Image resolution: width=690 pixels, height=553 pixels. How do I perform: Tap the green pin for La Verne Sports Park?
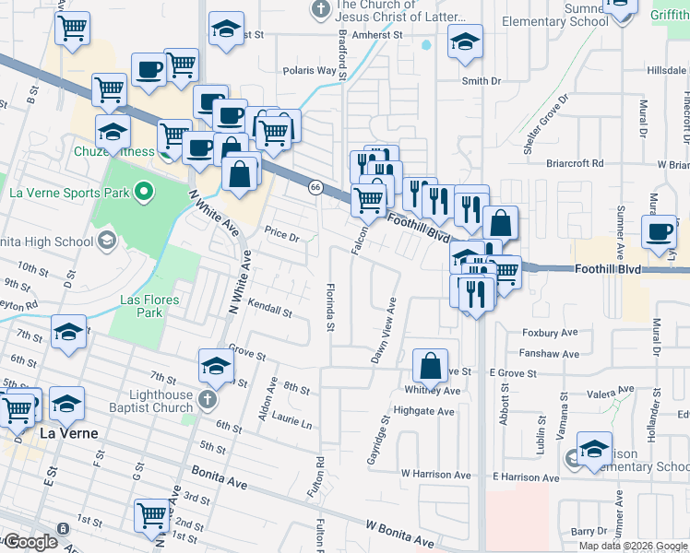click(x=142, y=194)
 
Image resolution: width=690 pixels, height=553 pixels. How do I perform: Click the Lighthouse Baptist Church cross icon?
click(x=209, y=401)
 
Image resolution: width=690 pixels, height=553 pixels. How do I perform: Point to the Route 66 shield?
click(x=315, y=187)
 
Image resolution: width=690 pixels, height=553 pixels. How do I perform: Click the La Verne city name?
click(x=68, y=431)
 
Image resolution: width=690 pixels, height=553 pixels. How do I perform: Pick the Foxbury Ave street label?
click(x=550, y=333)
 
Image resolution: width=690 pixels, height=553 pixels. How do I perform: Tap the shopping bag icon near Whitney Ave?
click(x=431, y=366)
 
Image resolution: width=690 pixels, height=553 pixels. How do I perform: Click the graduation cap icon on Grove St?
click(x=216, y=366)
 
